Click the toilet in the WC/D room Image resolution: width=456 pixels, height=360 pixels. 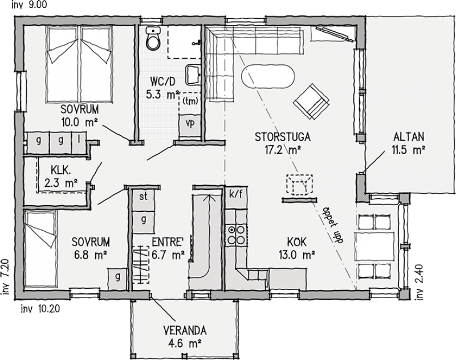153,39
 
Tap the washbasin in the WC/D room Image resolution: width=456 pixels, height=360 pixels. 193,75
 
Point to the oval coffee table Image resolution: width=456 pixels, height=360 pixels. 268,76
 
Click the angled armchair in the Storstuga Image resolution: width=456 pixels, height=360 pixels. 311,101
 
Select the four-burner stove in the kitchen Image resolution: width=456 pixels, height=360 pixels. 236,235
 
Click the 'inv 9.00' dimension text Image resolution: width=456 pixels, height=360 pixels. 29,5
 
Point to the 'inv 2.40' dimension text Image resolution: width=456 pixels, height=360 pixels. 420,282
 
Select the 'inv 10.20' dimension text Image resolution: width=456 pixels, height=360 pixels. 40,309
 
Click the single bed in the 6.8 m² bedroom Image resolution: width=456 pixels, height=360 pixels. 40,249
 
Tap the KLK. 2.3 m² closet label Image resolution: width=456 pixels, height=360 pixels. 61,177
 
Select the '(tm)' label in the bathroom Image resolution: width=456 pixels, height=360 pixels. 190,101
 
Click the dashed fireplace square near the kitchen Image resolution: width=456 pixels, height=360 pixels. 300,185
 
